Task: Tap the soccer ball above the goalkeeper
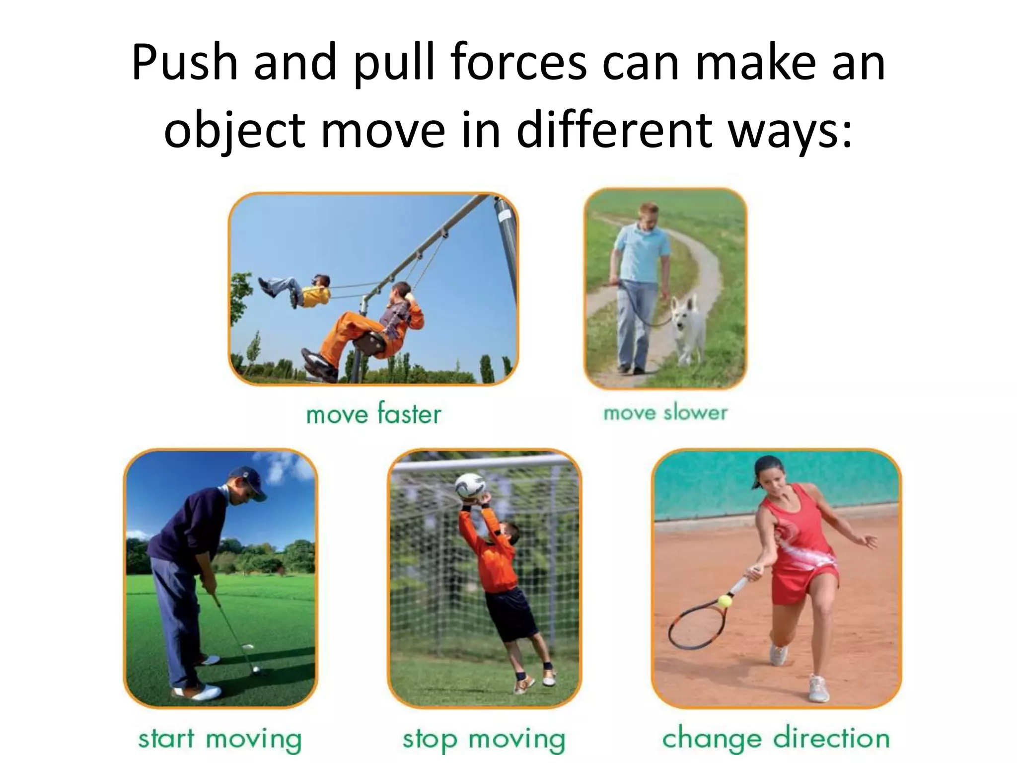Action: (x=470, y=486)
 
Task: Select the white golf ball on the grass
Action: (x=256, y=670)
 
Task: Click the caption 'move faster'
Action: (x=373, y=414)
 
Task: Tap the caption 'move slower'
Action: (x=665, y=413)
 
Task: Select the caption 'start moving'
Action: (x=219, y=739)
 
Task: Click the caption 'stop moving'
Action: (x=484, y=739)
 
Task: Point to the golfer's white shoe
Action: (x=204, y=692)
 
